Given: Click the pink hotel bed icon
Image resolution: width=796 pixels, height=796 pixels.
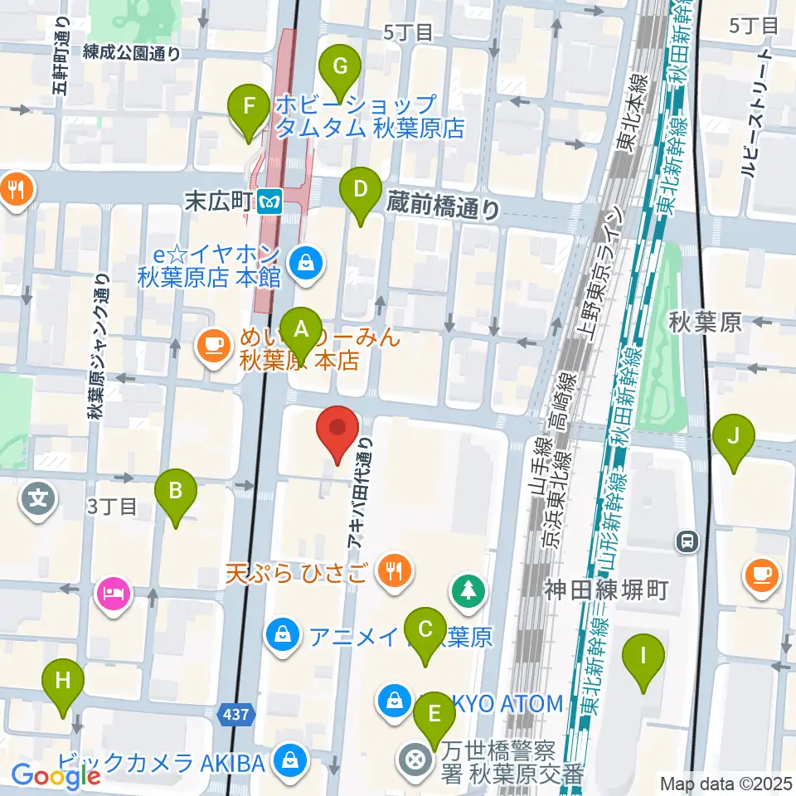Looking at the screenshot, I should pyautogui.click(x=114, y=594).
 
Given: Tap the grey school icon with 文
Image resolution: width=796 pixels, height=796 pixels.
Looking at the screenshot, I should pyautogui.click(x=39, y=499).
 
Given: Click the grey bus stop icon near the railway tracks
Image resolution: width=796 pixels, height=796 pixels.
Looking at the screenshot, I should pyautogui.click(x=687, y=542).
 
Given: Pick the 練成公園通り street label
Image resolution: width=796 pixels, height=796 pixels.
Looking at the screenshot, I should pyautogui.click(x=132, y=53).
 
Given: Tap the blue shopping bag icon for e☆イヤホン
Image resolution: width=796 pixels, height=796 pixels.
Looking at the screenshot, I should pyautogui.click(x=306, y=265).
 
